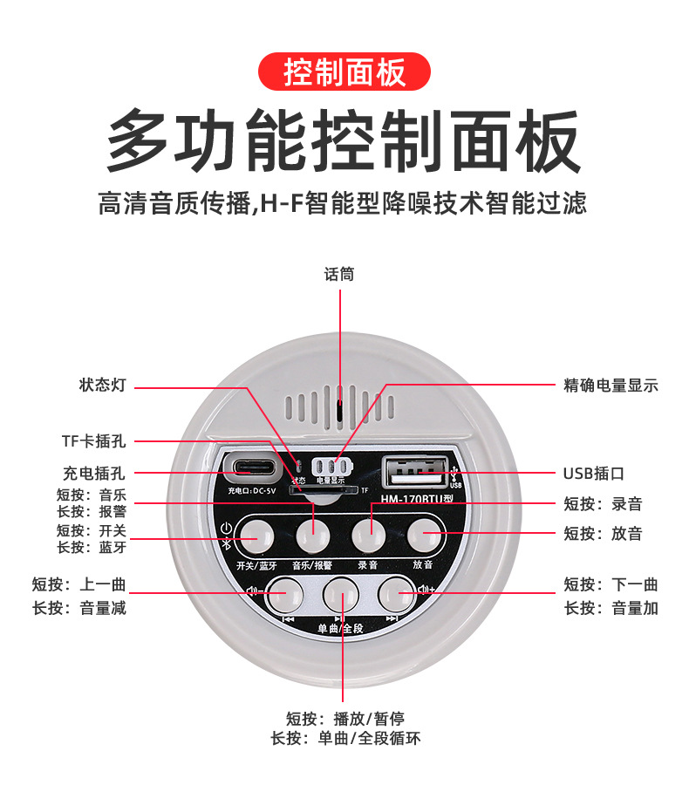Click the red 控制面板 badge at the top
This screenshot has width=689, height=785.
[344, 71]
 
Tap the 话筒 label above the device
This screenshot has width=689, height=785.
[339, 274]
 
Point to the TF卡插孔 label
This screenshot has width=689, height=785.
[92, 441]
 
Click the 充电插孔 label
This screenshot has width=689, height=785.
[93, 474]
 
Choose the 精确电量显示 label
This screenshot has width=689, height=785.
[611, 386]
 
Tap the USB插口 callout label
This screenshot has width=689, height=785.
[594, 474]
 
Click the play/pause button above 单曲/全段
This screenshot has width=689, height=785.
[341, 594]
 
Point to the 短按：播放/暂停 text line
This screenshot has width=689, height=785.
[345, 719]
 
